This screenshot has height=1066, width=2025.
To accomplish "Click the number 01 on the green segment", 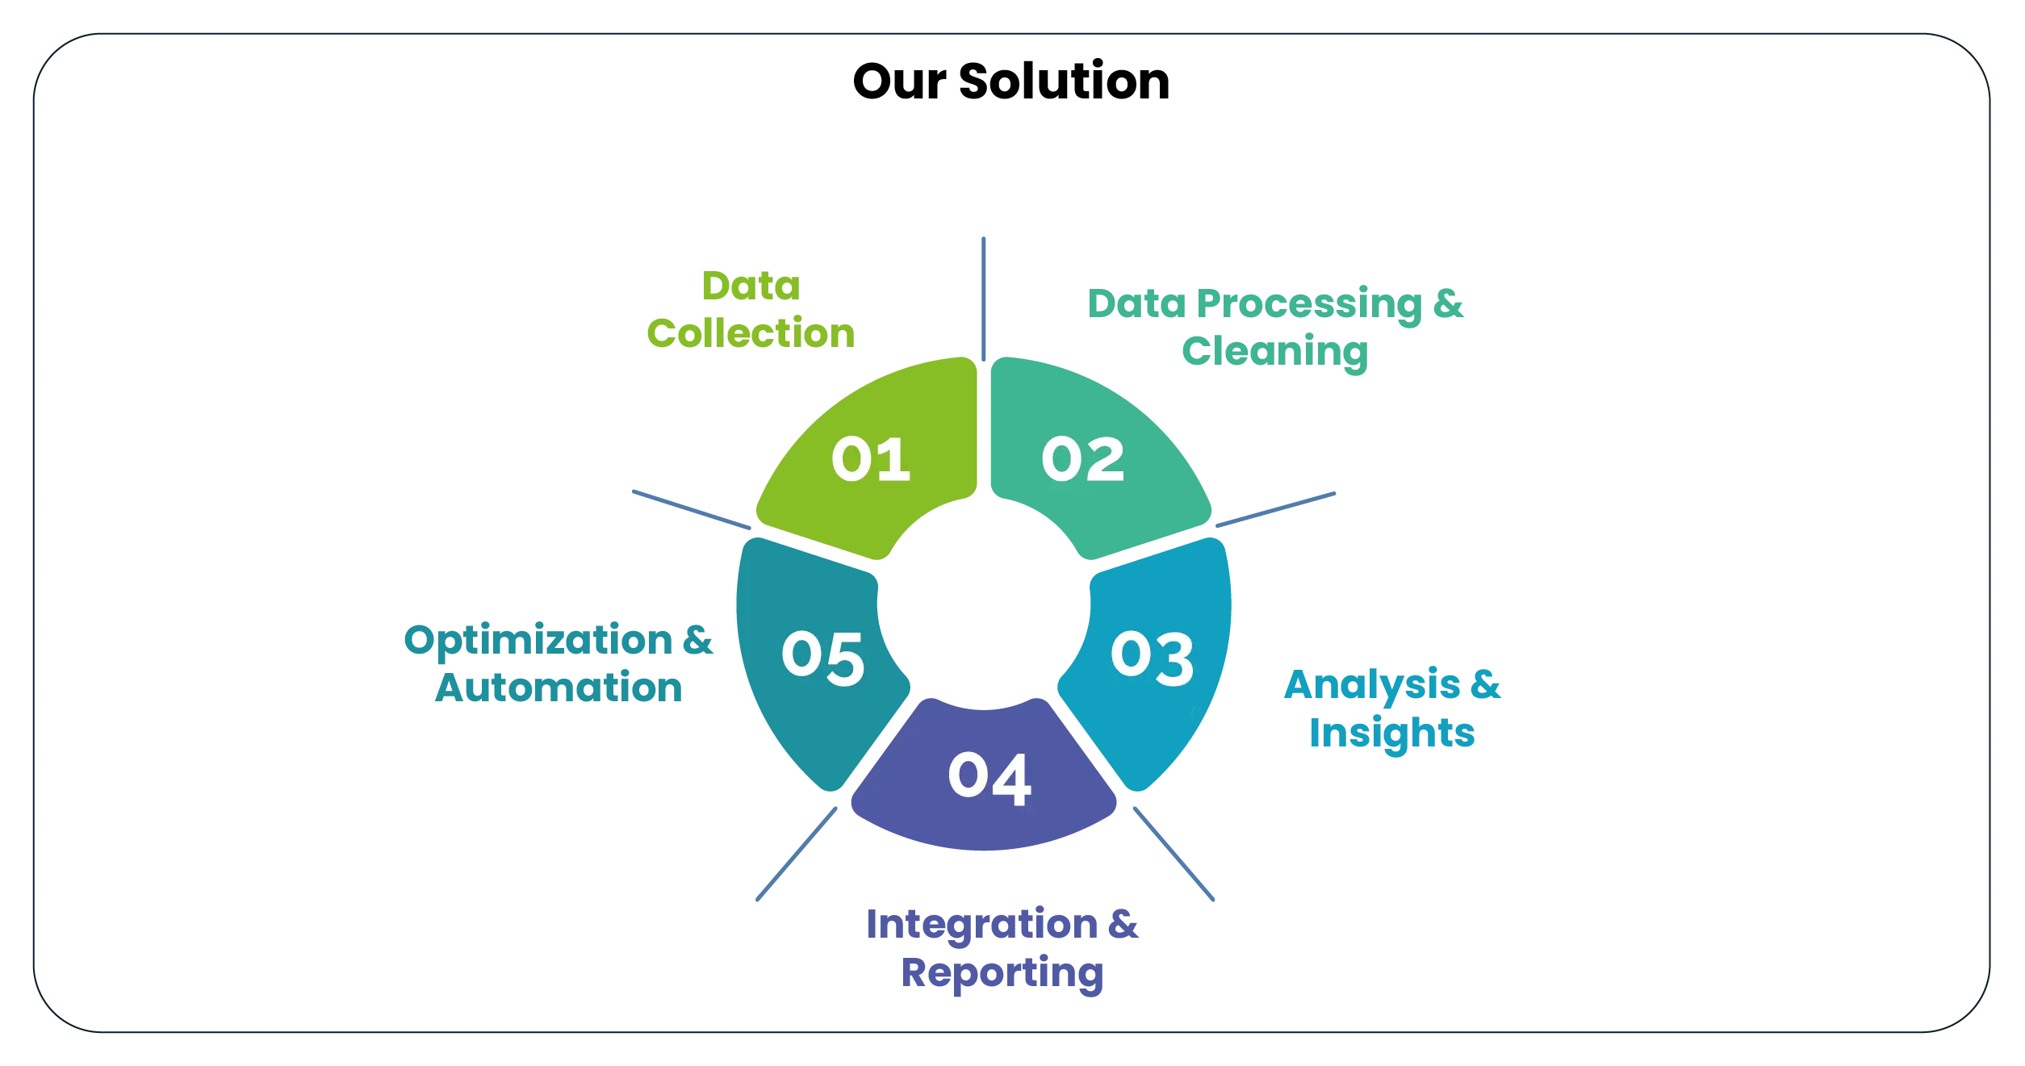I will click(x=870, y=460).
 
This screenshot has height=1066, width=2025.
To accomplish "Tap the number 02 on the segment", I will click(x=1082, y=460).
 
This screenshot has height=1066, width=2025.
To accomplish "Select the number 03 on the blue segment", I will click(x=1152, y=657).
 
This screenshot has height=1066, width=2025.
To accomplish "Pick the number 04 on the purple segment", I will click(x=989, y=777).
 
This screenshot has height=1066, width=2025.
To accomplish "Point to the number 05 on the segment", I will click(x=822, y=657).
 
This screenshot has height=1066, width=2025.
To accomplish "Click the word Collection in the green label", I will click(x=751, y=332).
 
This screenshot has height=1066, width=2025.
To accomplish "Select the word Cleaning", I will click(x=1275, y=352).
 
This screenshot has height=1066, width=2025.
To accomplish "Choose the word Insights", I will click(x=1394, y=734).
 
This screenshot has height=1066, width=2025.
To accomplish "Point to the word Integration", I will click(x=981, y=925).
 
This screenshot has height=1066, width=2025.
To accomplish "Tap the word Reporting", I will click(x=1002, y=972).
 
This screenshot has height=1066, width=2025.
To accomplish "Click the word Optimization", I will click(x=538, y=641).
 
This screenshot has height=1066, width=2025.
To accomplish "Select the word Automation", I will click(x=559, y=688).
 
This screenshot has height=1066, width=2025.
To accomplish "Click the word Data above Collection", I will click(x=751, y=286).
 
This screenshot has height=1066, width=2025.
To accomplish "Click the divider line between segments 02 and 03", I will click(x=1275, y=510).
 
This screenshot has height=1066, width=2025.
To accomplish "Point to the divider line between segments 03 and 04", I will click(x=1174, y=851).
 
